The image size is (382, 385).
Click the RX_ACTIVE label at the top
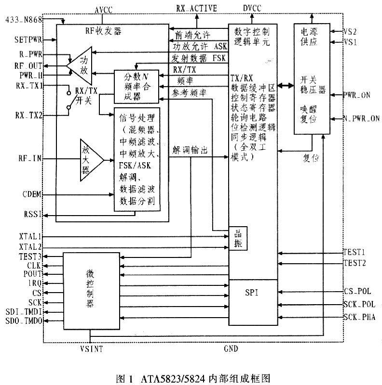click(x=197, y=8)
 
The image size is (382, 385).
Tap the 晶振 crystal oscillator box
click(x=238, y=238)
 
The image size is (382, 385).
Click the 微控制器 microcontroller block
click(x=90, y=289)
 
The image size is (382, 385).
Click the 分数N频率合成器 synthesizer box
click(x=136, y=86)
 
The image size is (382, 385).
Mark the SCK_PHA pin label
click(x=359, y=317)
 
